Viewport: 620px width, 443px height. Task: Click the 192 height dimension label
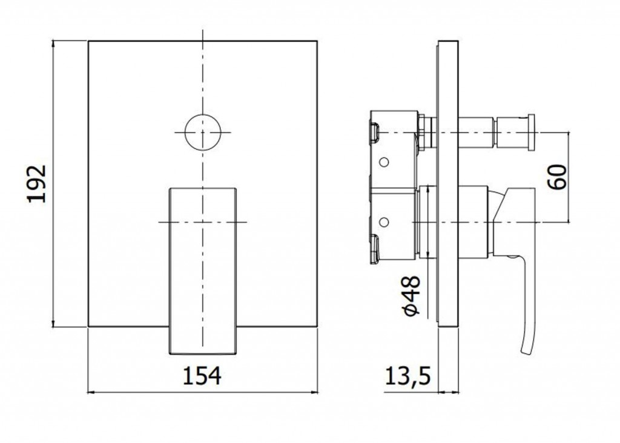coord(37,184)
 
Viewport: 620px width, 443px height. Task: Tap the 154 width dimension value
coord(202,376)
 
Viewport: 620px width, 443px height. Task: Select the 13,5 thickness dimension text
coord(407,376)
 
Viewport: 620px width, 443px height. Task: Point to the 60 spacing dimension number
coord(557,177)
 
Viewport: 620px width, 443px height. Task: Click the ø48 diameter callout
coord(412,295)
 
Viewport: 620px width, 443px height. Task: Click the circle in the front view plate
coord(202,133)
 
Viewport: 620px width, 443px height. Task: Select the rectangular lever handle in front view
coord(203,271)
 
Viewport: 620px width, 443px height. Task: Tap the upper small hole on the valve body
coord(383,162)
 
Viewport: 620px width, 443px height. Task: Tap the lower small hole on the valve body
coord(383,222)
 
